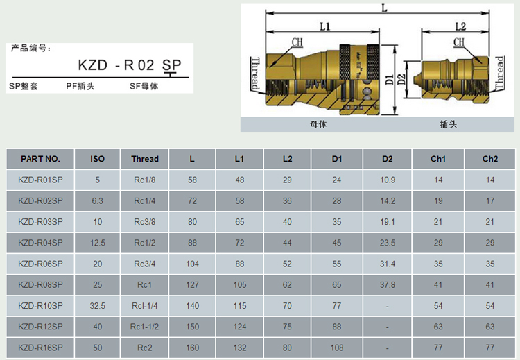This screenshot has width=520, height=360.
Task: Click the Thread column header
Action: tap(145, 159)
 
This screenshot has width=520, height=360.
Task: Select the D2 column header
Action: tap(387, 159)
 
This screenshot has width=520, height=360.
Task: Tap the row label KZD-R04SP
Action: tap(40, 243)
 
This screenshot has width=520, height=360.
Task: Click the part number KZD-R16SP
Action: tap(40, 348)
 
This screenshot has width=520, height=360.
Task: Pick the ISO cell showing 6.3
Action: tap(98, 201)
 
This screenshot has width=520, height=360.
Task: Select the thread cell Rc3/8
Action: tap(145, 222)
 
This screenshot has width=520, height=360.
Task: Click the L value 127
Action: tap(192, 285)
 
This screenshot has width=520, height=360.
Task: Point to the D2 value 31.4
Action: tap(388, 264)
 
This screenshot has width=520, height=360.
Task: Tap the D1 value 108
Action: tap(337, 348)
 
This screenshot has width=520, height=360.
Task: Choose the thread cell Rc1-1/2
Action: tap(145, 327)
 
